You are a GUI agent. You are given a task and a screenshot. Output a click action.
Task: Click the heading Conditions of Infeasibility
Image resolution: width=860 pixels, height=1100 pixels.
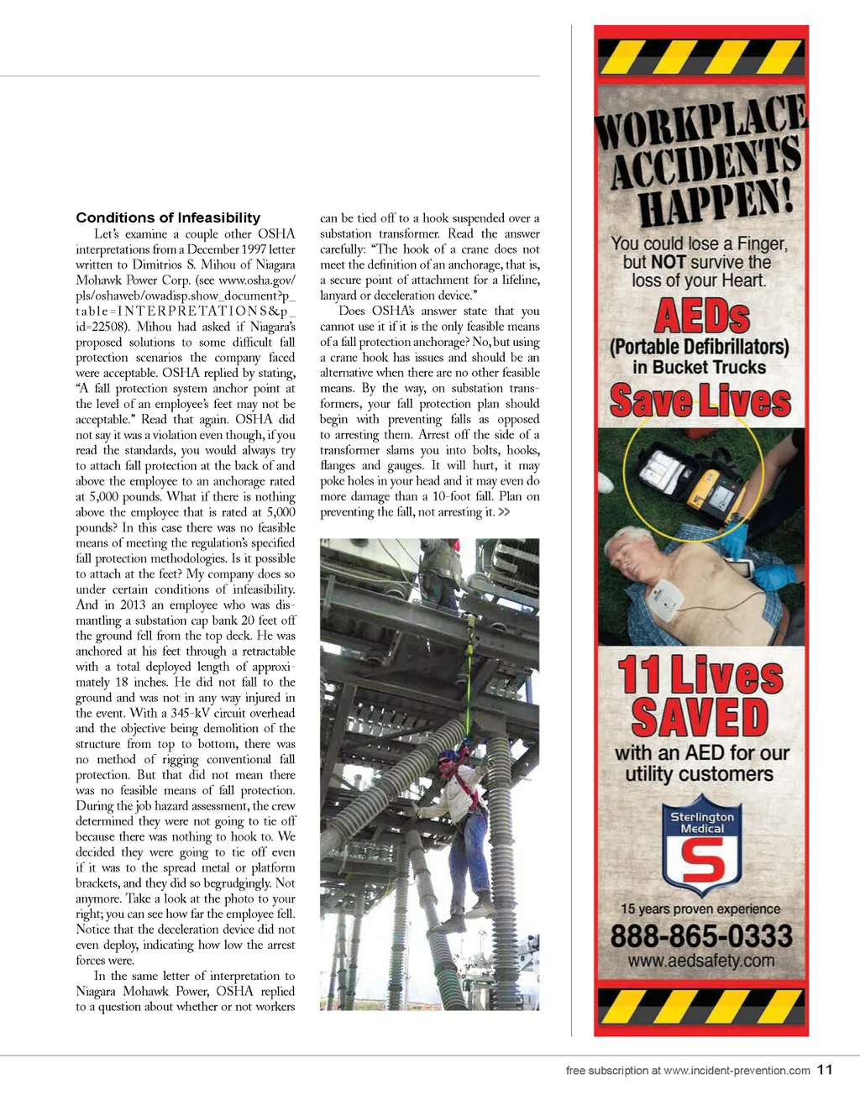point(168,218)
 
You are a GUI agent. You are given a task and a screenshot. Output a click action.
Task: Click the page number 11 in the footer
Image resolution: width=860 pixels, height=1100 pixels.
point(825,1070)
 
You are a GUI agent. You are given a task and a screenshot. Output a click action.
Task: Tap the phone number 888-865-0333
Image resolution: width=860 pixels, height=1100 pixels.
point(701,935)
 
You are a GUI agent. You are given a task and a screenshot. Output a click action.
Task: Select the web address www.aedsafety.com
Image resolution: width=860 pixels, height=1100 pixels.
point(701,961)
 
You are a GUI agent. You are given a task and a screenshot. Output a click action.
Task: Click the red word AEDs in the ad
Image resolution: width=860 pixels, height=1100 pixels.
point(701,317)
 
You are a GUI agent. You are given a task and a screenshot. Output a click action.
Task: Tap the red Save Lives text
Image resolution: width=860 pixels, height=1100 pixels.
point(700,400)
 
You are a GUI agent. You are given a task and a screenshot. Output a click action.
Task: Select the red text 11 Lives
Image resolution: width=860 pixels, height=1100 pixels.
point(700,674)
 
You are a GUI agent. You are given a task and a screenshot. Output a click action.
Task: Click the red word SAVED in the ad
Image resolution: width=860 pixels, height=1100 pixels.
point(700,718)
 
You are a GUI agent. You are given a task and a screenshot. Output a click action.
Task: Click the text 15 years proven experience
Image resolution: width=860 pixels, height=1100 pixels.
point(700,909)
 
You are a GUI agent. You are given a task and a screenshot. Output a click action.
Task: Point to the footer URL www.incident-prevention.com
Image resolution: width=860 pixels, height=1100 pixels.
point(737,1071)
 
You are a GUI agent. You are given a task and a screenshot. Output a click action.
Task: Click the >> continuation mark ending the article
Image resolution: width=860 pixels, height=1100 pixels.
point(504,512)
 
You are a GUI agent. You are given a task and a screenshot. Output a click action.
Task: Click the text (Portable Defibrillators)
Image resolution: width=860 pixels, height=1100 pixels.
point(700,347)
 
